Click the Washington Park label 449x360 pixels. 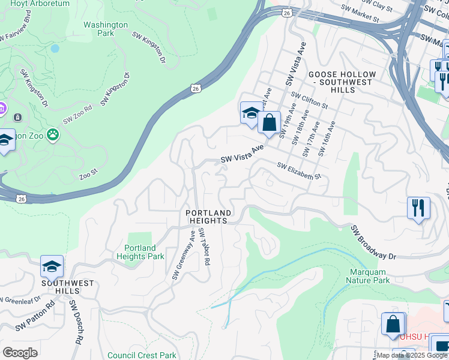(106, 29)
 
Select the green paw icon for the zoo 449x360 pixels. (53, 135)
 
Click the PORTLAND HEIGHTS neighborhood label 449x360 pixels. (208, 217)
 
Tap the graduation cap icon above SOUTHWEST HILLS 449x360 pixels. (52, 266)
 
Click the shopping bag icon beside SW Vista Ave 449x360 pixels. (270, 123)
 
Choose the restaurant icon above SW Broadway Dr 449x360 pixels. (418, 208)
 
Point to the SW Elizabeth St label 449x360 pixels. (299, 172)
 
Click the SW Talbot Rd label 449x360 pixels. (204, 247)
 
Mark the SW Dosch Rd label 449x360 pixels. (75, 322)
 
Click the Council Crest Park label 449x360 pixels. (142, 355)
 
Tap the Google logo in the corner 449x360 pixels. (20, 353)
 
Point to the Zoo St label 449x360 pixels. (88, 176)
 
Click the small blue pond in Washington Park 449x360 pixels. (55, 48)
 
